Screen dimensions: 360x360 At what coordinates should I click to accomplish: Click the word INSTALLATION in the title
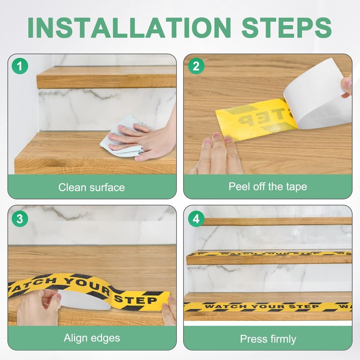(x=129, y=27)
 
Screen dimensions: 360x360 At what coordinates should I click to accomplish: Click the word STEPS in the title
(x=287, y=27)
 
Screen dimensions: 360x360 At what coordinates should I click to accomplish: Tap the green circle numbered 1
(x=20, y=66)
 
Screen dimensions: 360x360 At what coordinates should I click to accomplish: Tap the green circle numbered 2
(x=196, y=66)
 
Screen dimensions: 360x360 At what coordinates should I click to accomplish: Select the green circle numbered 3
(x=20, y=219)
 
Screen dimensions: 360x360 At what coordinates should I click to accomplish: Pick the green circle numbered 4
(x=196, y=219)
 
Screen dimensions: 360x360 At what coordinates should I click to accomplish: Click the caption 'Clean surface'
(x=92, y=187)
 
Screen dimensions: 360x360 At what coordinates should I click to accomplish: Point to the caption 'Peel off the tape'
(x=268, y=187)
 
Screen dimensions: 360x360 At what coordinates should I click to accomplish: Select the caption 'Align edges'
(x=92, y=338)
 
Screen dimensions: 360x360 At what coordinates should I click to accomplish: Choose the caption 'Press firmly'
(x=268, y=339)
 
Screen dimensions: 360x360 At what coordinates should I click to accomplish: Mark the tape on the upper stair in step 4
(x=269, y=254)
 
